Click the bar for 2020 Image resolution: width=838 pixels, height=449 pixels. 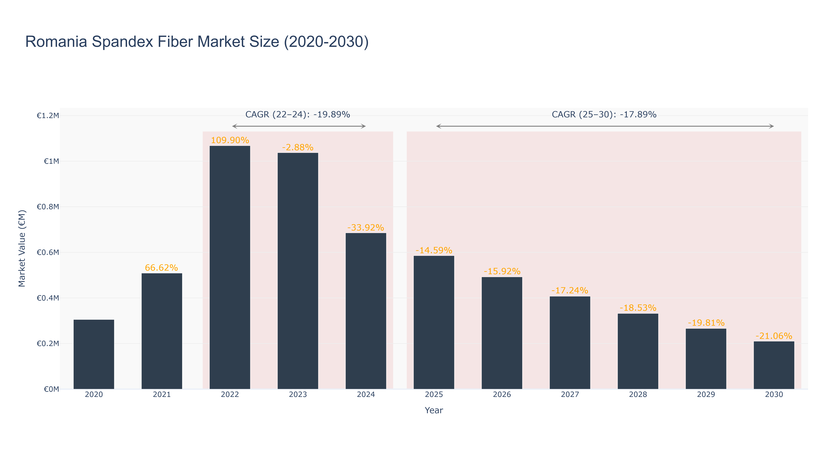(x=94, y=354)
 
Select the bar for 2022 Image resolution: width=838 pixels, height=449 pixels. (x=230, y=267)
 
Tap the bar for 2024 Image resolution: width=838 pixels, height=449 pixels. (x=366, y=311)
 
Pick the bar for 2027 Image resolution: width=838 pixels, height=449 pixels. (x=570, y=343)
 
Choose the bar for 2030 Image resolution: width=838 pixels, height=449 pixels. (x=774, y=365)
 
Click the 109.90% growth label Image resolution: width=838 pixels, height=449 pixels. (x=230, y=140)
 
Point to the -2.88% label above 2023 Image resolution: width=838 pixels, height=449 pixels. (x=298, y=147)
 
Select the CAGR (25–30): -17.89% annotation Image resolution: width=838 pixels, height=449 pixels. (x=604, y=114)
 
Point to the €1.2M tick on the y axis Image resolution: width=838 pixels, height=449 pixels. (x=48, y=116)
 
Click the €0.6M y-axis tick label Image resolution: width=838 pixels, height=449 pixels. (x=48, y=252)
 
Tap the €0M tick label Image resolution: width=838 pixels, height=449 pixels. (x=51, y=389)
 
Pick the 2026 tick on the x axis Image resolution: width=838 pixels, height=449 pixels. (x=502, y=394)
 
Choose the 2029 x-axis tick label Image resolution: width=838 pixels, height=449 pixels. (x=706, y=394)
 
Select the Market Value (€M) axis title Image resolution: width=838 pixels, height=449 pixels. (x=22, y=248)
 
